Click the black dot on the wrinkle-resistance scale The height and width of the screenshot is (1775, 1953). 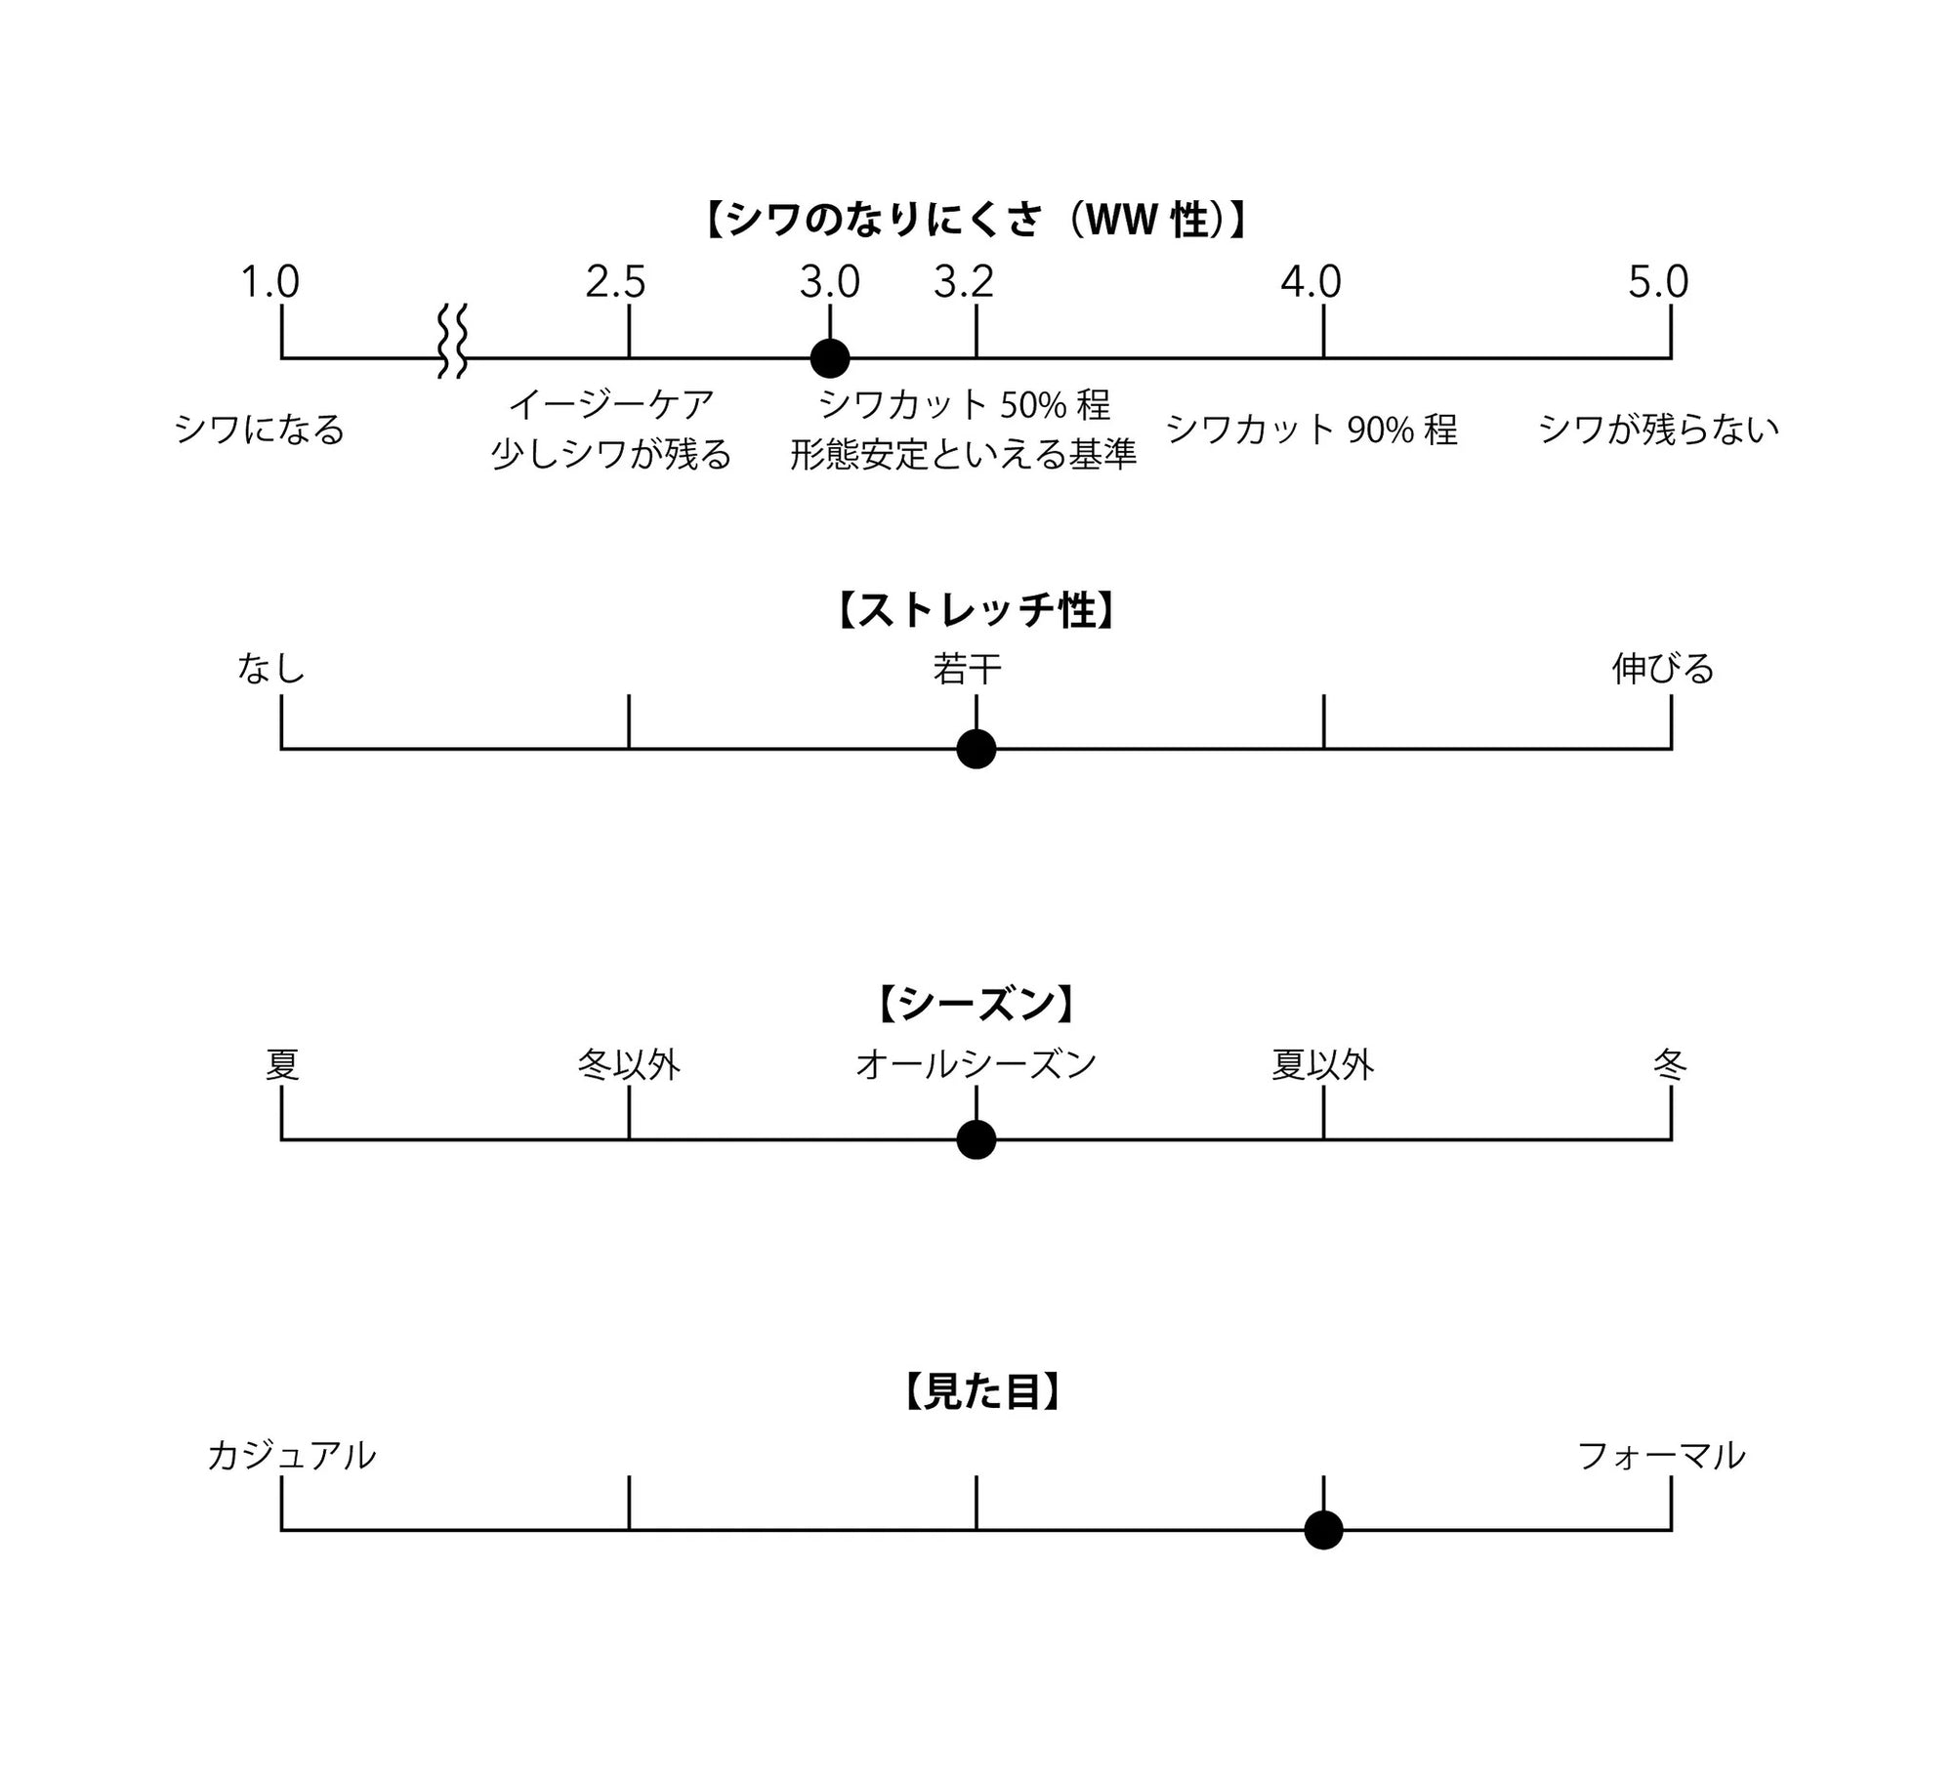pyautogui.click(x=830, y=358)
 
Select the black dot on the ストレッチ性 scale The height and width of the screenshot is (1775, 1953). pyautogui.click(x=976, y=749)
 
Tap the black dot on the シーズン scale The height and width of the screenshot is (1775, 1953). pyautogui.click(x=976, y=1139)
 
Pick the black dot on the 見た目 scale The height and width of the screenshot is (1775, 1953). pyautogui.click(x=1323, y=1530)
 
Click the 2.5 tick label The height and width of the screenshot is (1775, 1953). pyautogui.click(x=615, y=283)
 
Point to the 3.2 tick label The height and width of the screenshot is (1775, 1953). pyautogui.click(x=963, y=283)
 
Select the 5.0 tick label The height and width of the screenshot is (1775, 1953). pyautogui.click(x=1658, y=283)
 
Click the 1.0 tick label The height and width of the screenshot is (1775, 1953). pyautogui.click(x=270, y=283)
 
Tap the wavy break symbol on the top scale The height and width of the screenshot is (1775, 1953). pyautogui.click(x=452, y=341)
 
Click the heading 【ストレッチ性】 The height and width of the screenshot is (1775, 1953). pyautogui.click(x=976, y=611)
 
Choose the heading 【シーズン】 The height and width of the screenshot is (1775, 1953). pyautogui.click(x=976, y=1004)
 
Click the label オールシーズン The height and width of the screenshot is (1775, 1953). pyautogui.click(x=976, y=1064)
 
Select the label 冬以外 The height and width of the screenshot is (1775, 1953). pyautogui.click(x=629, y=1064)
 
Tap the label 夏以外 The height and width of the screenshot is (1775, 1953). pyautogui.click(x=1323, y=1064)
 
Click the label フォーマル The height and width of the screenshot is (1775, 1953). pyautogui.click(x=1661, y=1456)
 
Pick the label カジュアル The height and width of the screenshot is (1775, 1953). pyautogui.click(x=291, y=1456)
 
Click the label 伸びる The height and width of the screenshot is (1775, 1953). pyautogui.click(x=1663, y=670)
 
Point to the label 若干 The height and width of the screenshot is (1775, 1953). pyautogui.click(x=967, y=670)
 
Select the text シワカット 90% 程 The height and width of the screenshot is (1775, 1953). pyautogui.click(x=1311, y=430)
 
